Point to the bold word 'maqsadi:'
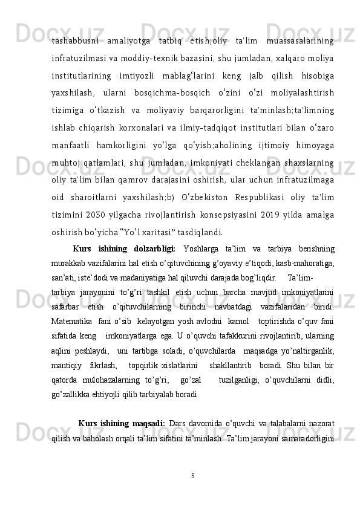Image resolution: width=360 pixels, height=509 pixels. pos(146,406)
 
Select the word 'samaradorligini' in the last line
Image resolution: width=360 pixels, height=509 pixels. pos(313,420)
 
